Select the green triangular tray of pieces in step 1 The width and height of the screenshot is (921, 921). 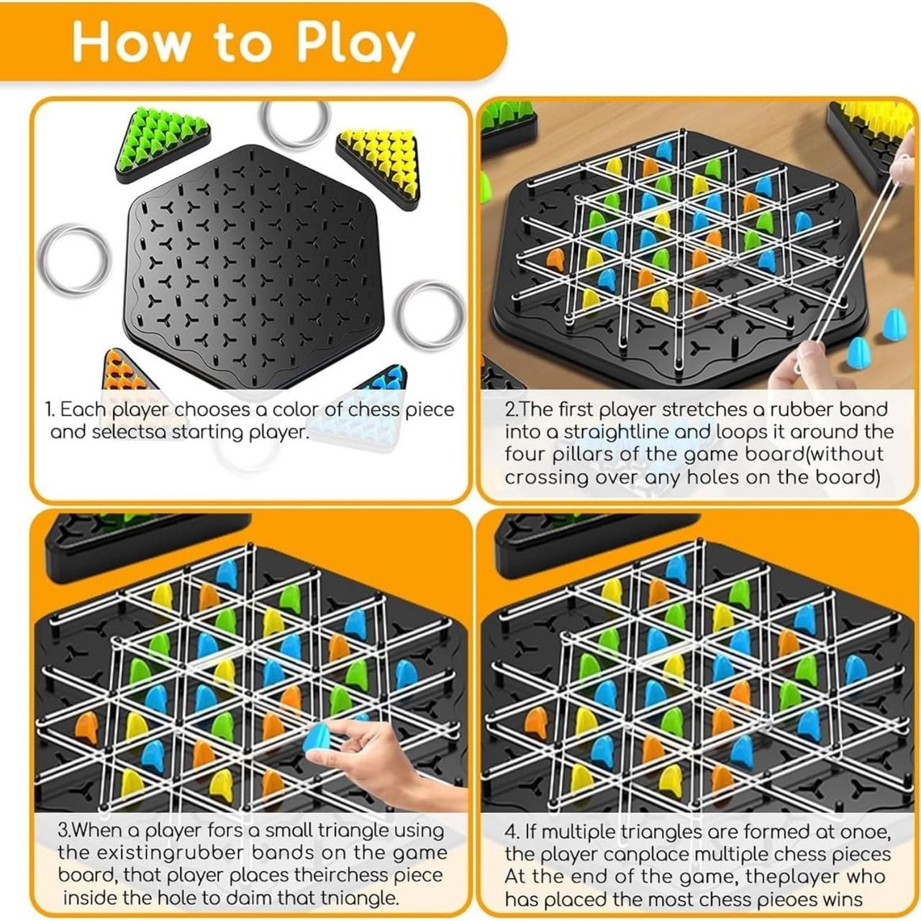[162, 144]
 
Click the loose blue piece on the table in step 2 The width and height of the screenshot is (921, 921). [856, 350]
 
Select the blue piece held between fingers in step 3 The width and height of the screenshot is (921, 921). [316, 738]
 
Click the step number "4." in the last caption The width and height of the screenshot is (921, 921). [512, 832]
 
